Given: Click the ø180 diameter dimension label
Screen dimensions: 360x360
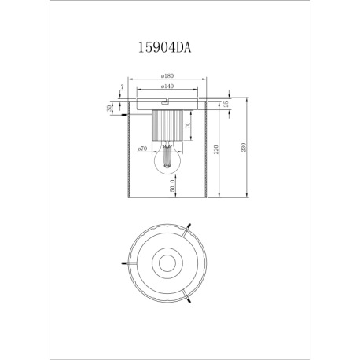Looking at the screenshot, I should [x=167, y=77].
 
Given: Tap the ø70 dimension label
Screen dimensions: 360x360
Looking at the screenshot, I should [x=143, y=149].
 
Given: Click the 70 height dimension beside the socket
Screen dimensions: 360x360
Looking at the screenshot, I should [x=187, y=126].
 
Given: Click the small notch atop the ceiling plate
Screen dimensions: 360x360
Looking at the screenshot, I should [x=166, y=101].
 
